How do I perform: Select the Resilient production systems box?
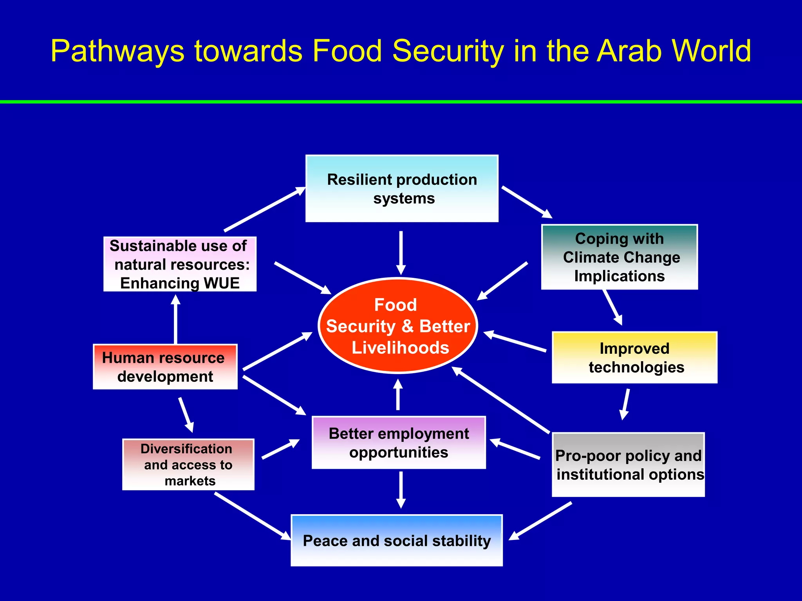pyautogui.click(x=402, y=189)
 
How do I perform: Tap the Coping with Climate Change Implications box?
pyautogui.click(x=619, y=257)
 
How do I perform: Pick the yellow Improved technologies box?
pyautogui.click(x=634, y=357)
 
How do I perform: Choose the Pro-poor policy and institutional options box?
pyautogui.click(x=628, y=464)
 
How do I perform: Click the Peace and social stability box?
pyautogui.click(x=396, y=540)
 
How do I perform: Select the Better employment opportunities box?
pyautogui.click(x=399, y=443)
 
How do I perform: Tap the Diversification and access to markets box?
pyautogui.click(x=188, y=464)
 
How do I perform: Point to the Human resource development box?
pyautogui.click(x=165, y=367)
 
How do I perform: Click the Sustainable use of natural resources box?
pyautogui.click(x=180, y=264)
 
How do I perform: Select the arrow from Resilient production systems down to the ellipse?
pyautogui.click(x=401, y=252)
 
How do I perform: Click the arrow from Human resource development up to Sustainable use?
pyautogui.click(x=175, y=319)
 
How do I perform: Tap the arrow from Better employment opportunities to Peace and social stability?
pyautogui.click(x=401, y=489)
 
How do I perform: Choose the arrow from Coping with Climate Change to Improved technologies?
pyautogui.click(x=612, y=307)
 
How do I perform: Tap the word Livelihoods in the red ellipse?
pyautogui.click(x=400, y=347)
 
